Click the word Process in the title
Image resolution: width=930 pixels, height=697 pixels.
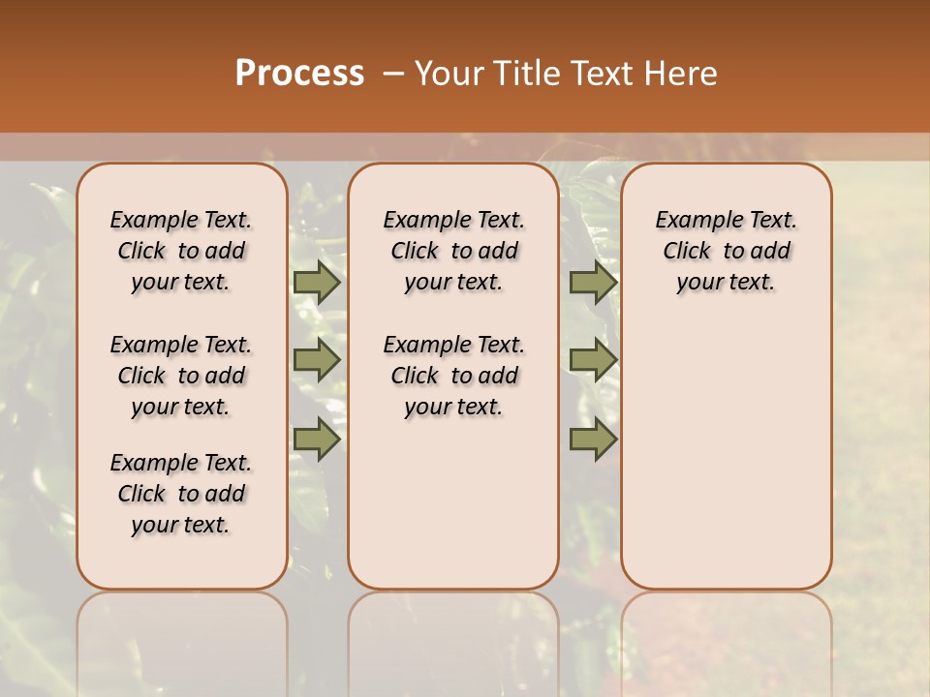pos(299,74)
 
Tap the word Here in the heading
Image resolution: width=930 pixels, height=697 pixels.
pos(682,74)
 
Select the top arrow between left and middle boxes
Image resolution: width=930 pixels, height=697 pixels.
pos(316,282)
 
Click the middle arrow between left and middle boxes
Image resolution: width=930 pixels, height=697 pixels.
pos(316,360)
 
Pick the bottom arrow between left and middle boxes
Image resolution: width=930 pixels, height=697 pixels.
pos(316,439)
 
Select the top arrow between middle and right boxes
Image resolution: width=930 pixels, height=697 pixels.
pos(593,282)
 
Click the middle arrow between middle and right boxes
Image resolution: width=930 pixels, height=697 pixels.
pos(593,360)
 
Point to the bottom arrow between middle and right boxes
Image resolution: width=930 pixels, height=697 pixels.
pos(593,439)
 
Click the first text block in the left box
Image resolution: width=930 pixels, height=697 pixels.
pos(181,251)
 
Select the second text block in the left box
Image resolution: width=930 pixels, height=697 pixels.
pos(181,376)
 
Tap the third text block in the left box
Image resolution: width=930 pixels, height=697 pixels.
pos(181,494)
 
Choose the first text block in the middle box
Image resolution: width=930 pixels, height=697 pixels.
pos(453,251)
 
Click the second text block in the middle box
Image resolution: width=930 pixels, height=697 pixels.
pos(453,376)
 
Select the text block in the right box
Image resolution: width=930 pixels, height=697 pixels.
pos(726,251)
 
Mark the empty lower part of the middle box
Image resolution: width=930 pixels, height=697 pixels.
pos(453,503)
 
